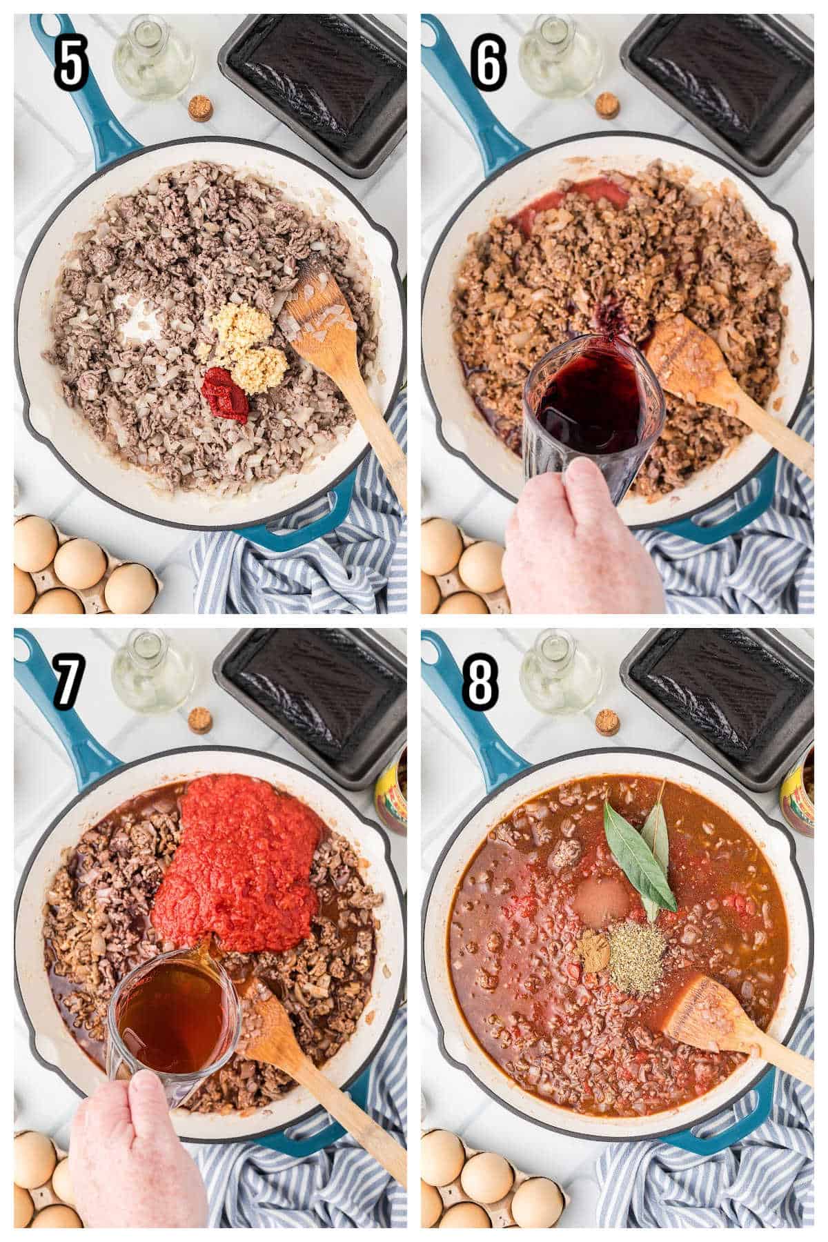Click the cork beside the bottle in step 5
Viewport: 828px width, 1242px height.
[x=200, y=109]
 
